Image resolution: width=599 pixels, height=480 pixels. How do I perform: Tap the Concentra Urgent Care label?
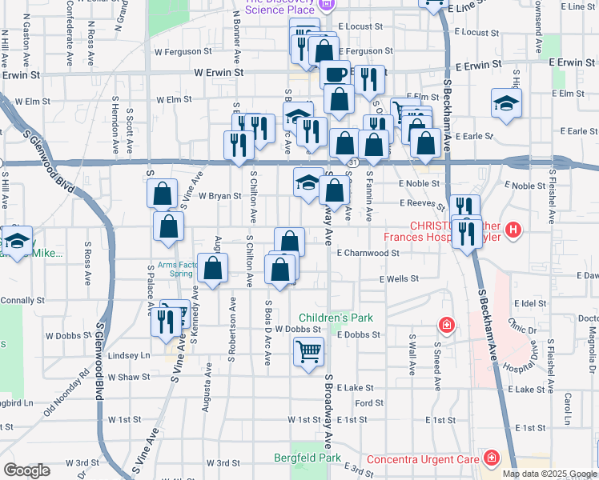pos(422,459)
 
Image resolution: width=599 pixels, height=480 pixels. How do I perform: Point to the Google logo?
pos(26,470)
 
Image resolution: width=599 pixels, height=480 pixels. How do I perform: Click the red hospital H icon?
pos(513,231)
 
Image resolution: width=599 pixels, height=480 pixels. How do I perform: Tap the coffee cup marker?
pos(336,74)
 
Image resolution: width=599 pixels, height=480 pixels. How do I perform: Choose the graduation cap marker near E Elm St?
pos(506,104)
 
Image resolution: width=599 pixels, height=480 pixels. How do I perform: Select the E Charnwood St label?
pos(368,253)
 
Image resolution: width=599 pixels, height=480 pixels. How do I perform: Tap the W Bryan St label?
pos(219,195)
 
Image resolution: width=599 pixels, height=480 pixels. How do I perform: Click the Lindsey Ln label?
pos(129,355)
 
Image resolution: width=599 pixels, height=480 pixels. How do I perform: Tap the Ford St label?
pos(369,403)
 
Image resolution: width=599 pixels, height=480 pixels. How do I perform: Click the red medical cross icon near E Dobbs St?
pos(446,326)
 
